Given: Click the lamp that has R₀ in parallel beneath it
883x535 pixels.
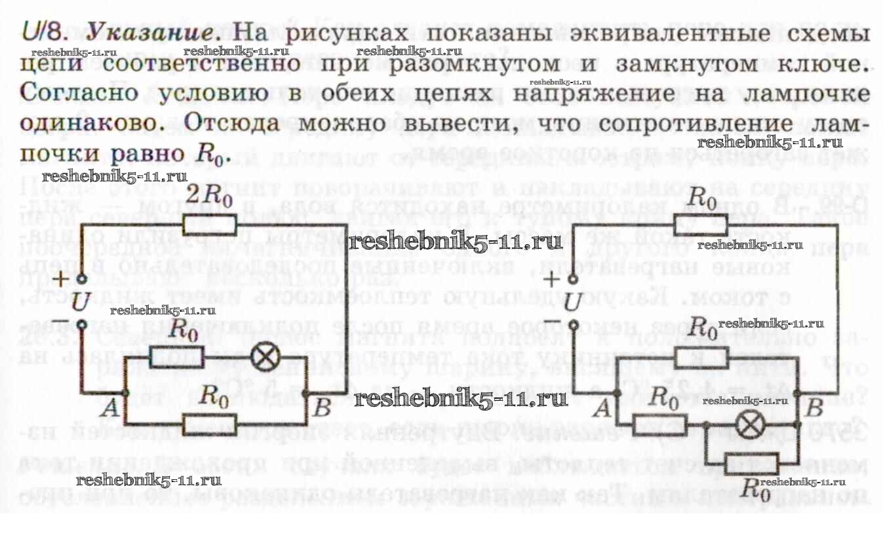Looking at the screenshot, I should [745, 426].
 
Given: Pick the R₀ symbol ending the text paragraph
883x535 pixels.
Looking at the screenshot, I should [212, 155].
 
